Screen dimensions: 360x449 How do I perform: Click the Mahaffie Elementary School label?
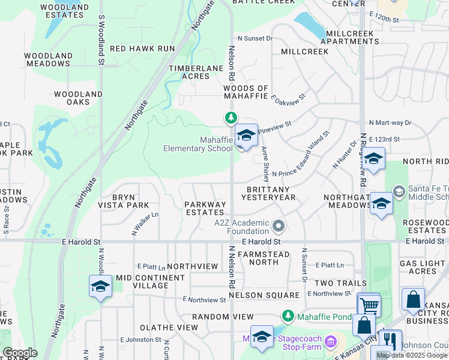[x=198, y=144]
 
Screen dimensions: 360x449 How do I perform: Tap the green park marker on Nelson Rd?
[x=231, y=118]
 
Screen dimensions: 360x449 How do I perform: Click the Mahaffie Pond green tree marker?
[x=288, y=316]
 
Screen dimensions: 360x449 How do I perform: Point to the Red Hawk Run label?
[x=142, y=49]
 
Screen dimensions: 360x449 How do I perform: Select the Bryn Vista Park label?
[x=124, y=201]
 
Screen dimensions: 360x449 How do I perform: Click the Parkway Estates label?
[x=206, y=208]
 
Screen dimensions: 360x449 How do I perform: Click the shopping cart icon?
[x=369, y=305]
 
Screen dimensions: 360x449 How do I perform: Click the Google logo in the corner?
[x=20, y=353]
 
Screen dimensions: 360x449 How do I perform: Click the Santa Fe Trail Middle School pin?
[x=399, y=191]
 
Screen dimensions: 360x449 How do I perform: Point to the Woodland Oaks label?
[x=78, y=98]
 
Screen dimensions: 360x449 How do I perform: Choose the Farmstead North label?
[x=264, y=259]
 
